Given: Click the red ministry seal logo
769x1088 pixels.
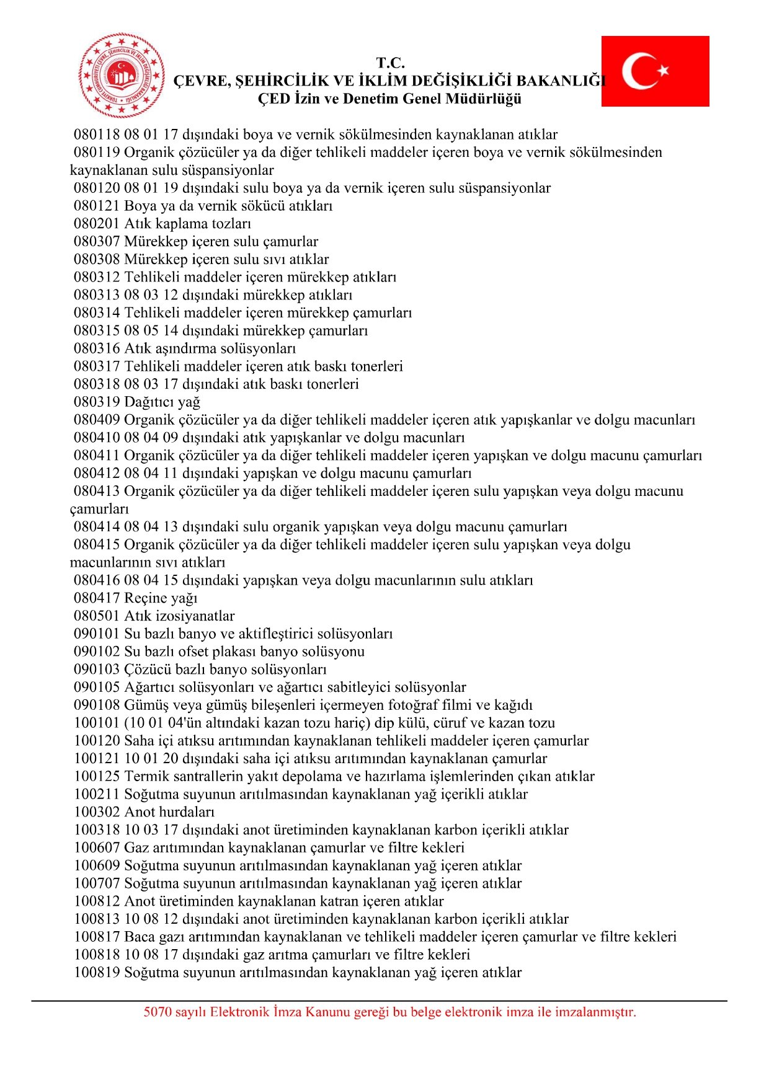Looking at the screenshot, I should coord(122,75).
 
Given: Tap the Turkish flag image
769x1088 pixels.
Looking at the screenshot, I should coord(655,71).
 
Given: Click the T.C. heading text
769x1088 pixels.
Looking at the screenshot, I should coord(390,63).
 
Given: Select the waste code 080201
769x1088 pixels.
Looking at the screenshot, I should coord(97,224).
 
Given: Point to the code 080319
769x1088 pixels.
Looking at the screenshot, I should coord(97,402).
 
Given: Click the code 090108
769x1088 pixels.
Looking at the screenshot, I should coord(97,705).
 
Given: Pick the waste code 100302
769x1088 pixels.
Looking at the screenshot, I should coord(97,812).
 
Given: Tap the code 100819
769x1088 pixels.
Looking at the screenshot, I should coord(97,973).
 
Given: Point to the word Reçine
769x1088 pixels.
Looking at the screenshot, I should coord(146,598).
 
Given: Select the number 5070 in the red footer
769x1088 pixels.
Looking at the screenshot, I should coord(157,1012).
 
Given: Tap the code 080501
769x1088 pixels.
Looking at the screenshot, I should coord(97,616).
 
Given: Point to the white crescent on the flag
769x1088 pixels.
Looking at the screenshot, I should coord(639,71).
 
